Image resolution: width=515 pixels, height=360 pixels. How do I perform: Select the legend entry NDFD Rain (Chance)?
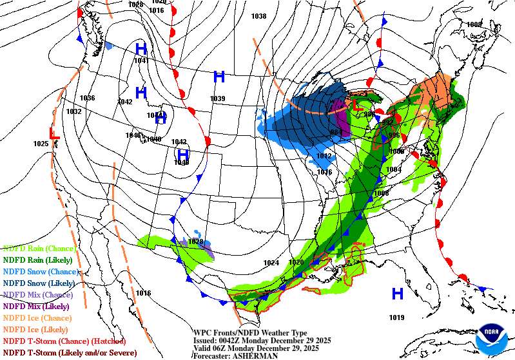click(x=39, y=248)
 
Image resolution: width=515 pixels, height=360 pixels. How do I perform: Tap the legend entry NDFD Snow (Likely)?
click(x=39, y=283)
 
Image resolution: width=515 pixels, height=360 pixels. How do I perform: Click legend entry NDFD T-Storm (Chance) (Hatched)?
click(x=64, y=341)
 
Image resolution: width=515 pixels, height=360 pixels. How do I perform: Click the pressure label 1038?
click(x=258, y=16)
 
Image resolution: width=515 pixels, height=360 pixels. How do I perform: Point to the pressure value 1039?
click(x=217, y=99)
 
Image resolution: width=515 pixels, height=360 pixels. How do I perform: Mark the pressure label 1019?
click(x=397, y=317)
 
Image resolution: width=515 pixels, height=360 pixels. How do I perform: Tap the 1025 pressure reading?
click(x=41, y=144)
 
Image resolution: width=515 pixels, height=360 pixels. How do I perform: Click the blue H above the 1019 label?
click(x=398, y=294)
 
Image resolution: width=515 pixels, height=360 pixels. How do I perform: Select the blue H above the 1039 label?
click(x=219, y=77)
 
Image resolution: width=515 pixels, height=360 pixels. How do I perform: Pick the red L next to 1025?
click(x=55, y=133)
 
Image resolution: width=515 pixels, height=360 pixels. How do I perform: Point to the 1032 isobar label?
click(x=74, y=111)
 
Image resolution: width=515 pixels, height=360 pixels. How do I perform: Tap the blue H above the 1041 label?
click(x=141, y=48)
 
